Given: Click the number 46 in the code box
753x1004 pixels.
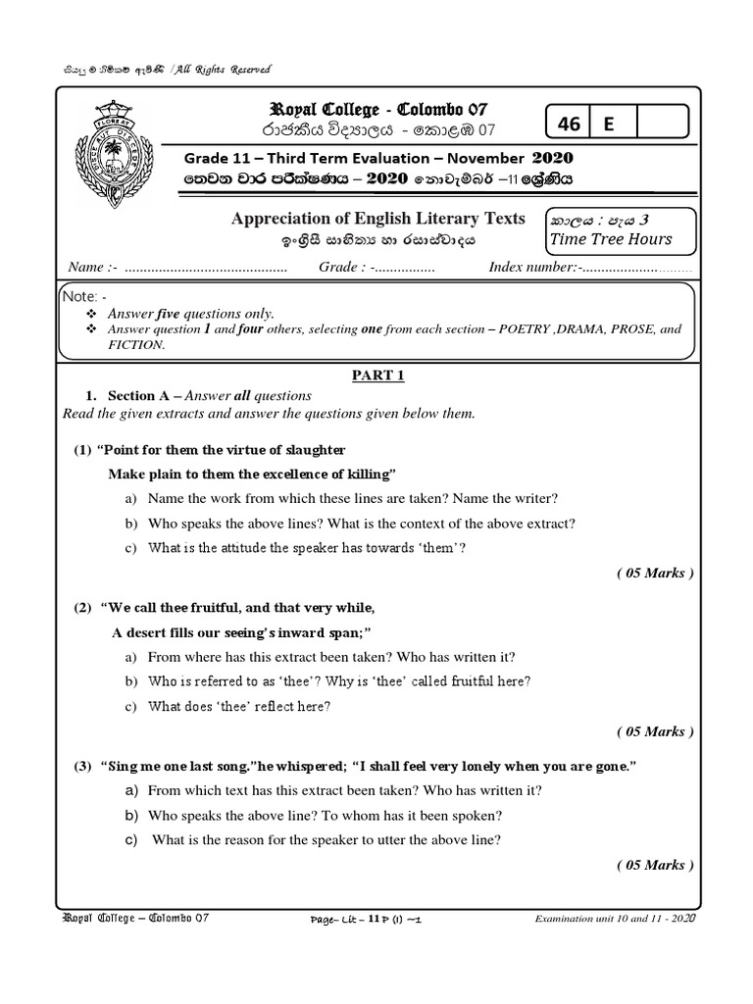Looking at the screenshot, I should coord(569,124).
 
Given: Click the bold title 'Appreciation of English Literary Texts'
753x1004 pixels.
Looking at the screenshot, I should coord(377,218).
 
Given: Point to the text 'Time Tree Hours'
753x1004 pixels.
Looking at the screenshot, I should coord(611,239).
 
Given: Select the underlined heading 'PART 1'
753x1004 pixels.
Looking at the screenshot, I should coord(377,376).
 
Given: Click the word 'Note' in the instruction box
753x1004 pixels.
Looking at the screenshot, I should coord(76,296).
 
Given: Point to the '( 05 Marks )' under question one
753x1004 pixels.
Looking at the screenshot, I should coord(655,574).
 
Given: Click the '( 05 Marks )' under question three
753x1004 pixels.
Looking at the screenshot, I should coord(655,864).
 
